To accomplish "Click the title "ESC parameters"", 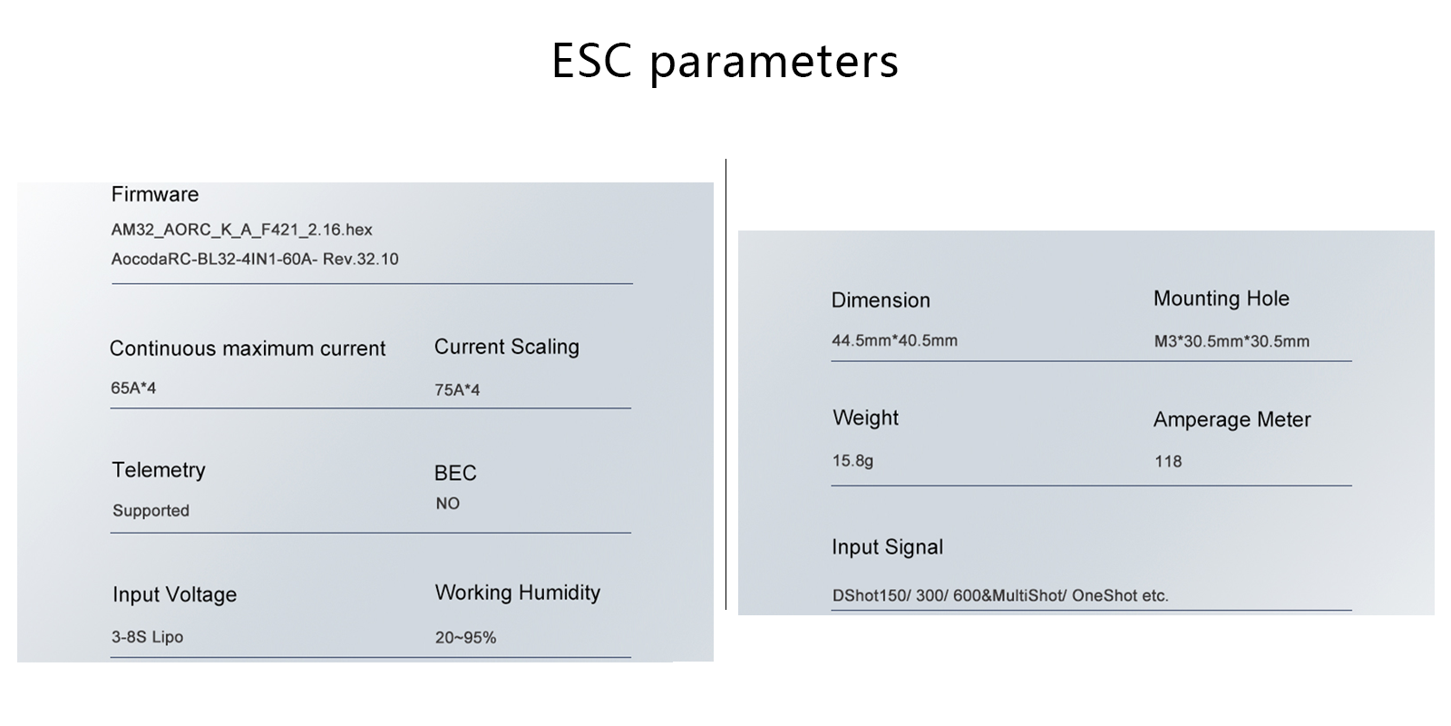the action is pos(725,62).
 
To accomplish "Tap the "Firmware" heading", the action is pos(155,194).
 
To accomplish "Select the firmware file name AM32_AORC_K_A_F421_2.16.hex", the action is pos(241,230).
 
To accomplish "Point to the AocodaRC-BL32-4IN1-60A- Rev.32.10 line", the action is pos(255,260).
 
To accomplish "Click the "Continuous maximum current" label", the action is pos(248,348).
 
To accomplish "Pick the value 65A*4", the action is pos(133,388).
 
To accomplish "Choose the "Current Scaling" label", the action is pos(507,347).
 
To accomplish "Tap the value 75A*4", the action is pos(457,389).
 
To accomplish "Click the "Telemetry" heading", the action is pos(159,470).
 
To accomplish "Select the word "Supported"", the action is pos(151,511).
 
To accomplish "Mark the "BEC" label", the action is pos(455,473).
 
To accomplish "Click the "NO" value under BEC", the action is pos(448,504).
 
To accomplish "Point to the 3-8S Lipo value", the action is pos(147,637).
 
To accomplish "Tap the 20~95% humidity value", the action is pos(466,638).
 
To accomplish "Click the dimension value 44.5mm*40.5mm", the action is pos(894,340).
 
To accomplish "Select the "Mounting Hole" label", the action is pos(1221,299).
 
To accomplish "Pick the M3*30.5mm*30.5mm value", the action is pos(1232,341).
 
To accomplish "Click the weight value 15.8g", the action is pos(852,461).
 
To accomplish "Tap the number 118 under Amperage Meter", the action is pos(1168,462).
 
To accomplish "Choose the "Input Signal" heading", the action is pos(888,547).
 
